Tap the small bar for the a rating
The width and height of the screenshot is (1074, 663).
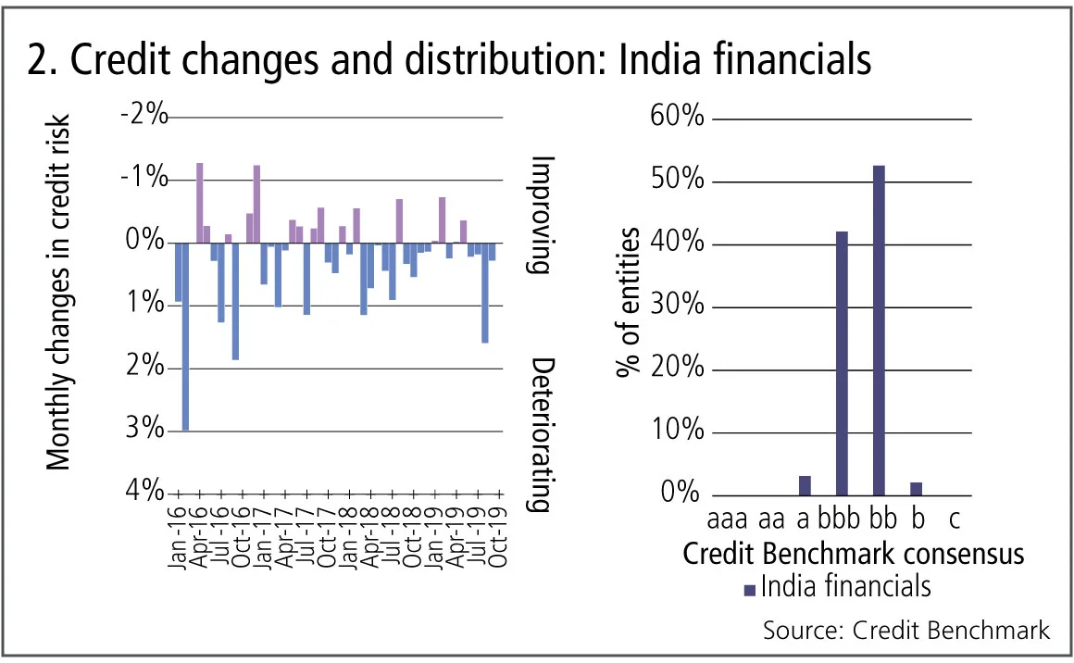coord(805,485)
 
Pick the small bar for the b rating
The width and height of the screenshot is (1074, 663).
coord(917,488)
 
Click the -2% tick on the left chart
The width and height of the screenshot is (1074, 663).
coord(144,117)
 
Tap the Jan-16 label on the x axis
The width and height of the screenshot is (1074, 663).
coord(179,533)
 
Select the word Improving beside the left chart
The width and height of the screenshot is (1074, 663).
coord(542,214)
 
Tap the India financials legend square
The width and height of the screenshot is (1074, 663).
coord(749,589)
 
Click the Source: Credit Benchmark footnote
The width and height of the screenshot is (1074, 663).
coord(906,631)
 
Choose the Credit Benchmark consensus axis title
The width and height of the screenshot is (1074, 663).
coord(853,554)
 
